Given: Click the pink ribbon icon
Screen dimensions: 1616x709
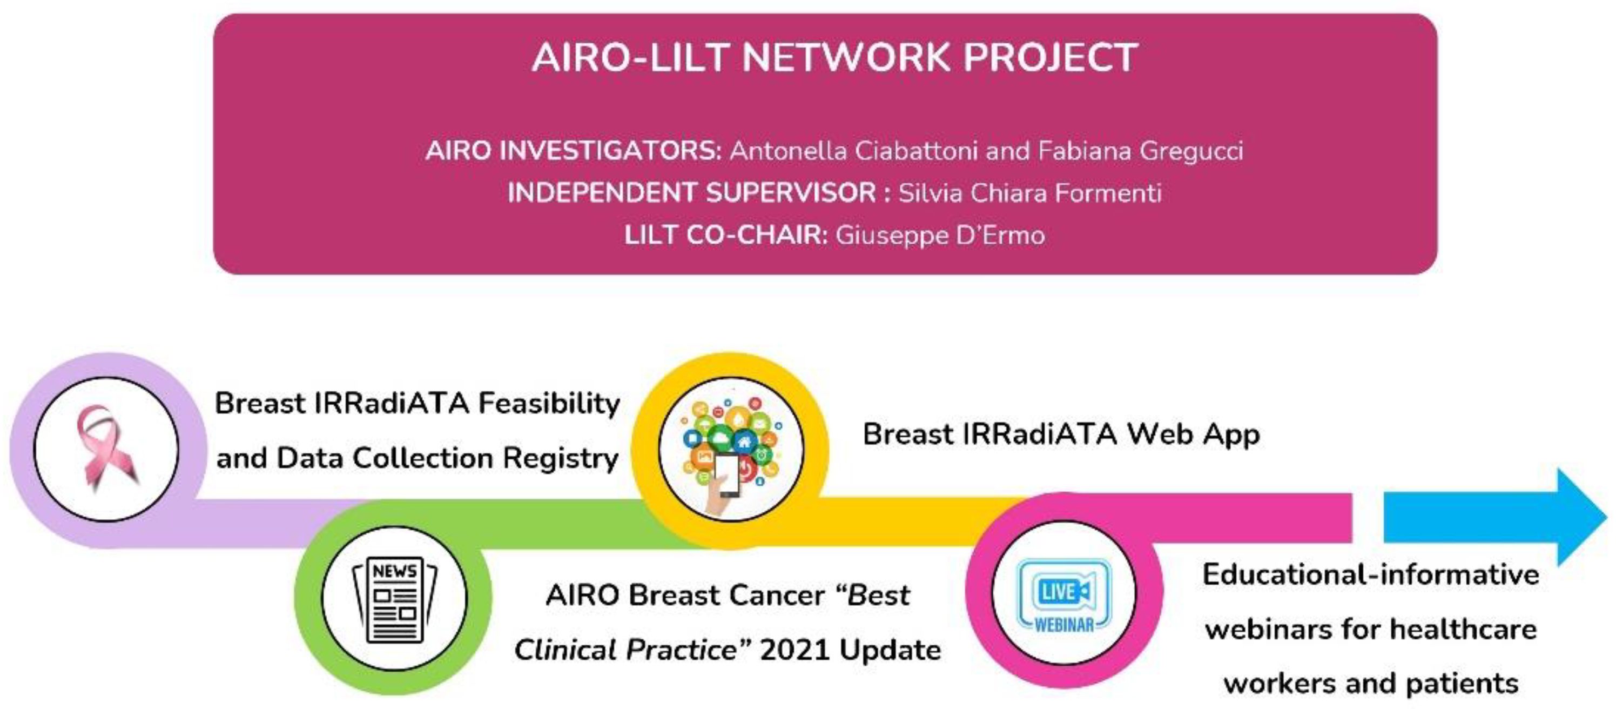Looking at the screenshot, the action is [105, 447].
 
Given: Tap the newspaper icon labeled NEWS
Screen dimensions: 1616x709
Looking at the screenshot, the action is [395, 600].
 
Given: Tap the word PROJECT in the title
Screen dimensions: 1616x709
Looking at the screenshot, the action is [1051, 58].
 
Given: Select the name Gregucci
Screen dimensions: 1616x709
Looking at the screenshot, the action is [1191, 151].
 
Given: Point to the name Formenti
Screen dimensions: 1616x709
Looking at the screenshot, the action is [1108, 192].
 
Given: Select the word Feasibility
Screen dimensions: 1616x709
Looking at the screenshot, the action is [549, 404].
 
